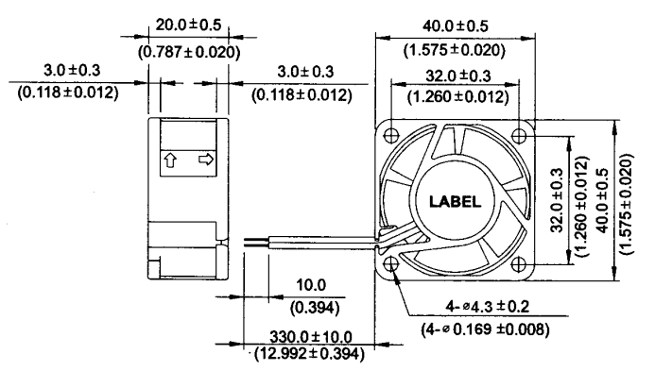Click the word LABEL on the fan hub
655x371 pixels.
pyautogui.click(x=455, y=202)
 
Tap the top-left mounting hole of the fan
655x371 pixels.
pyautogui.click(x=391, y=135)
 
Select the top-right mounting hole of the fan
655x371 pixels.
pyautogui.click(x=518, y=135)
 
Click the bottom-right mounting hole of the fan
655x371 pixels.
pyautogui.click(x=518, y=263)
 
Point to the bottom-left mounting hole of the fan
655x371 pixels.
pyautogui.click(x=391, y=263)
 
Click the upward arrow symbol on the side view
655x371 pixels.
pyautogui.click(x=170, y=160)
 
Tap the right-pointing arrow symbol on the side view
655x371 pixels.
pyautogui.click(x=206, y=159)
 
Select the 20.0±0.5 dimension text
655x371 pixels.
pyautogui.click(x=188, y=25)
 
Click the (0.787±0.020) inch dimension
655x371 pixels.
pyautogui.click(x=189, y=52)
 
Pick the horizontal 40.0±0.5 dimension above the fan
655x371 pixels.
pyautogui.click(x=455, y=26)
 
